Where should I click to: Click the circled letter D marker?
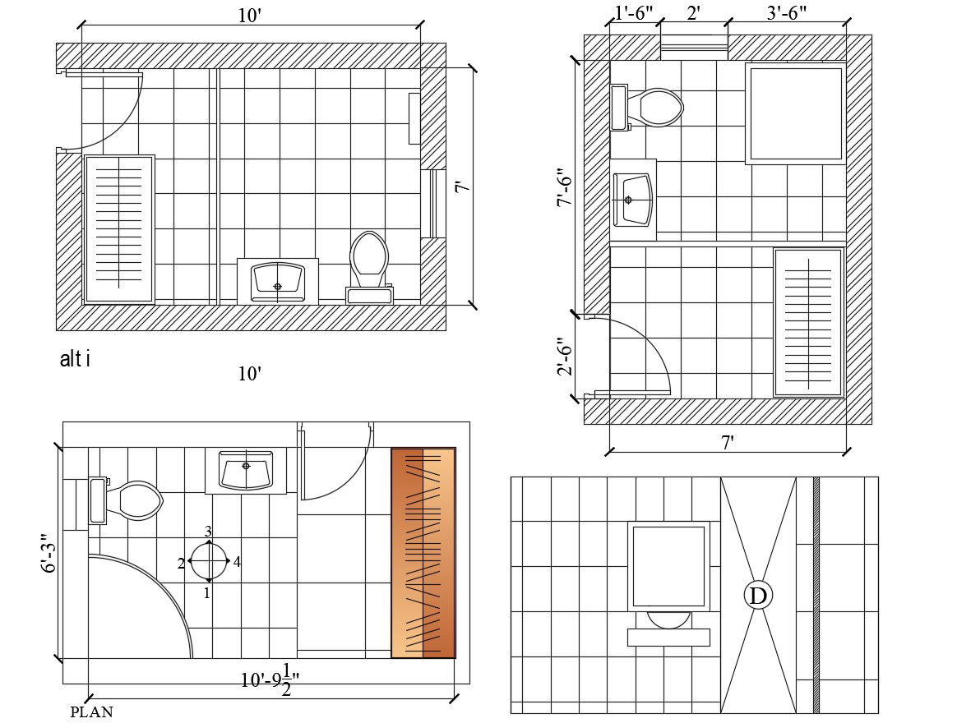pyautogui.click(x=758, y=596)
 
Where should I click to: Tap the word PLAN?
pyautogui.click(x=91, y=712)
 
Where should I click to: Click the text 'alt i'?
pyautogui.click(x=75, y=359)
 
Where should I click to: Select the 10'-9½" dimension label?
pyautogui.click(x=270, y=679)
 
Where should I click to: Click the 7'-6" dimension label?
pyautogui.click(x=564, y=188)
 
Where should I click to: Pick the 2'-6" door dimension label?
pyautogui.click(x=564, y=357)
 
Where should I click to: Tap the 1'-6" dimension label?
pyautogui.click(x=633, y=13)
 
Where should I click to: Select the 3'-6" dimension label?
pyautogui.click(x=786, y=13)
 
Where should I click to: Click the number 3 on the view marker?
pyautogui.click(x=208, y=532)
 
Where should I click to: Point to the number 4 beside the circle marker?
pyautogui.click(x=237, y=562)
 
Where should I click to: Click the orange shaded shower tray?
pyautogui.click(x=423, y=552)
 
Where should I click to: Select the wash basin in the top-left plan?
pyautogui.click(x=277, y=280)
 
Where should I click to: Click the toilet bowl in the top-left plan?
pyautogui.click(x=369, y=256)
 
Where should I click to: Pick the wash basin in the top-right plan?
pyautogui.click(x=635, y=199)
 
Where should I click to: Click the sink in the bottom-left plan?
pyautogui.click(x=245, y=471)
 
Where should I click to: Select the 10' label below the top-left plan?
pyautogui.click(x=249, y=374)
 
